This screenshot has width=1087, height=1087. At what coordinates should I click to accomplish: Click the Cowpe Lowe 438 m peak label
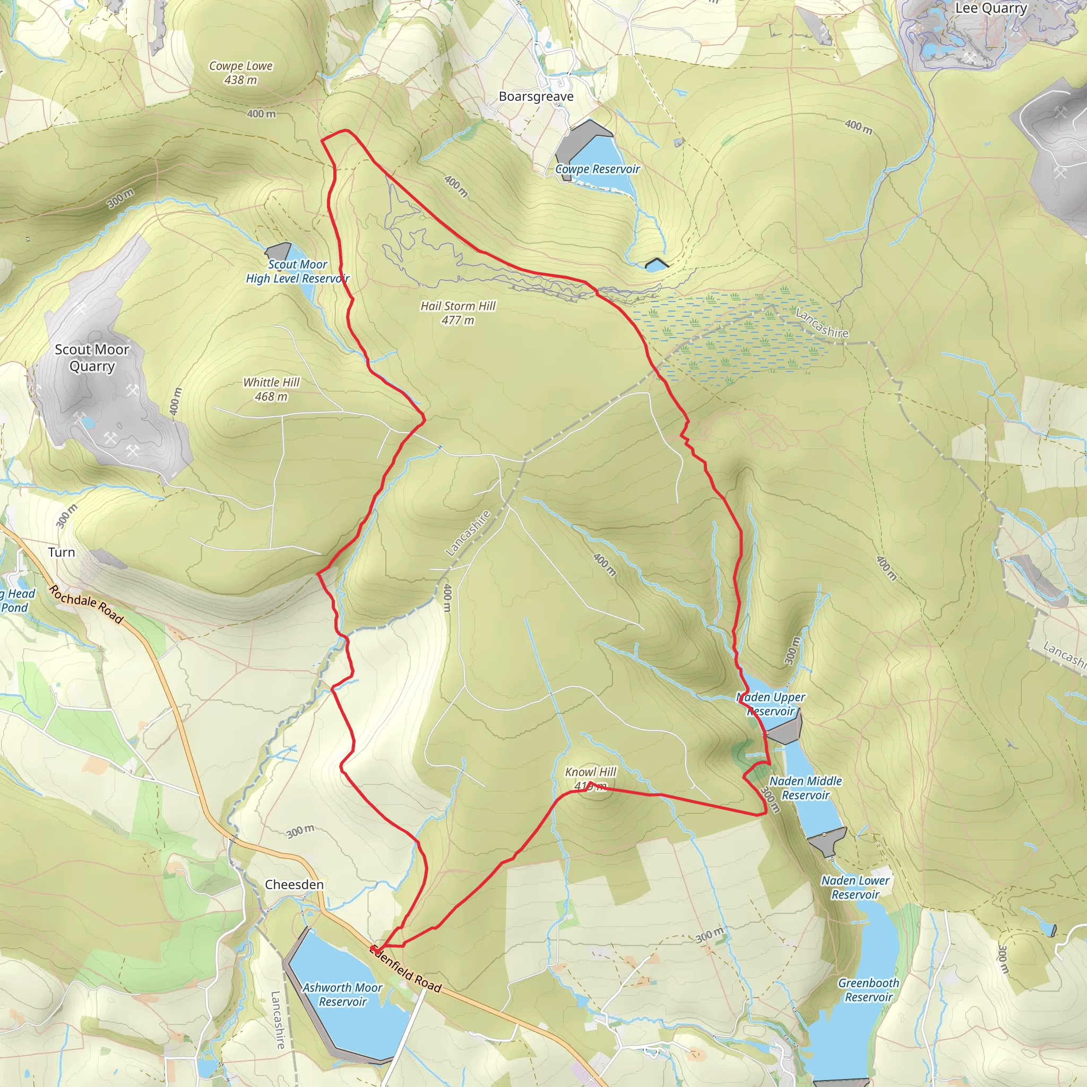click(241, 73)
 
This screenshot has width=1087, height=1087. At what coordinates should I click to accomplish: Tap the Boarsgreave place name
click(536, 96)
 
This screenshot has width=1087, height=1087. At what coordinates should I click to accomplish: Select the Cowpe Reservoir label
click(598, 169)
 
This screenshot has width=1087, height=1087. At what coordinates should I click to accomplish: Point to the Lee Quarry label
click(991, 8)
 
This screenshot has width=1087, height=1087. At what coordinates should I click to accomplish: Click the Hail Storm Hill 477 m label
click(458, 313)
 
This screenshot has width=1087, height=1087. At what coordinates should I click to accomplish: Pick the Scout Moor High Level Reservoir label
click(297, 271)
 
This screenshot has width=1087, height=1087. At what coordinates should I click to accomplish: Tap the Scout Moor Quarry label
click(92, 357)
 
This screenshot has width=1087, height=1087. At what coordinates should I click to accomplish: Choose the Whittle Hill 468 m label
click(271, 390)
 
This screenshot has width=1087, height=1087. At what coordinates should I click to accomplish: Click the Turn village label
click(62, 552)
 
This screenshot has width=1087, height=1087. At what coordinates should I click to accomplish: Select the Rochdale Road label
click(85, 603)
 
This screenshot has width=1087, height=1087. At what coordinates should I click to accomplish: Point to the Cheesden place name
click(294, 884)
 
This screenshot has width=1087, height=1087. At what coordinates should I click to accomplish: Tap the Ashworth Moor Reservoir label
click(342, 994)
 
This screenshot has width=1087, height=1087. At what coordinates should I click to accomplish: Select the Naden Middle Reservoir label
click(805, 788)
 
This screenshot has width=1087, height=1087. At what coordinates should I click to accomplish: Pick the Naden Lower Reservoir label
click(855, 887)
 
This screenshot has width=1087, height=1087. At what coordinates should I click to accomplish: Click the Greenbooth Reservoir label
click(868, 990)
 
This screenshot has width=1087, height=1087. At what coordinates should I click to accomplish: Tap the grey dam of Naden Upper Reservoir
click(784, 732)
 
